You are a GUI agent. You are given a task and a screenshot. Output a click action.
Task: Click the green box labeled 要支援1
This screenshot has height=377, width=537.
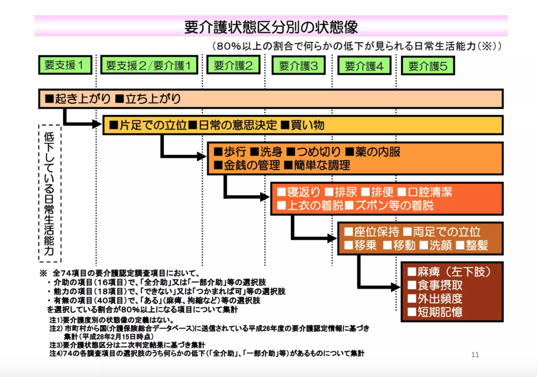pyautogui.click(x=65, y=65)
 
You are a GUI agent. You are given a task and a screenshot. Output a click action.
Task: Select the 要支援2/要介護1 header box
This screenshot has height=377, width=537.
pyautogui.click(x=149, y=65)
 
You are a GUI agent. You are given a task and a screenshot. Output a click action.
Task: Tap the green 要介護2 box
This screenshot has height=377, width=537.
pyautogui.click(x=233, y=65)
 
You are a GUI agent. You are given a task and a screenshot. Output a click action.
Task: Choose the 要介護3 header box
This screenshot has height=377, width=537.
pyautogui.click(x=298, y=65)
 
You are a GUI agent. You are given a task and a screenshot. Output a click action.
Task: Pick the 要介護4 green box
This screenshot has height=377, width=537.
pyautogui.click(x=364, y=65)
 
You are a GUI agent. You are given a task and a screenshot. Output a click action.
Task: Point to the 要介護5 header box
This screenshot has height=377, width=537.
pyautogui.click(x=428, y=65)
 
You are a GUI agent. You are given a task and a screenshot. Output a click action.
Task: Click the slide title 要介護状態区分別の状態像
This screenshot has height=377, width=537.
pyautogui.click(x=271, y=27)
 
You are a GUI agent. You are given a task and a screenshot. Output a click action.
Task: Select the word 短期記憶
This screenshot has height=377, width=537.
pyautogui.click(x=435, y=312)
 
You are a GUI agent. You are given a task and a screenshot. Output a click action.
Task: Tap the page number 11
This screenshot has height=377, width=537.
pyautogui.click(x=475, y=355)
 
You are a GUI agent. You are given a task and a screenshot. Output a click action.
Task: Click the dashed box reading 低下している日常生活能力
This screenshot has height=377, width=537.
pyautogui.click(x=50, y=193)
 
